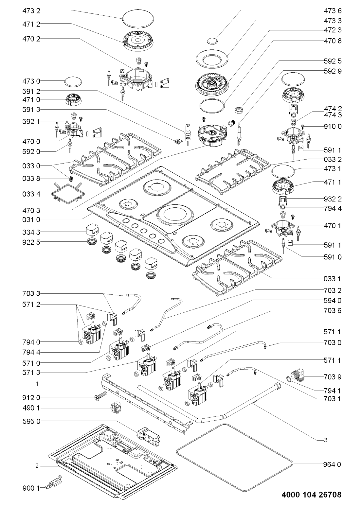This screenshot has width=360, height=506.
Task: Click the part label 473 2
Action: click(31, 11)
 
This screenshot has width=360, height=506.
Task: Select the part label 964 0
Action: click(332, 464)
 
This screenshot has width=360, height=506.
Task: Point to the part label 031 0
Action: click(31, 219)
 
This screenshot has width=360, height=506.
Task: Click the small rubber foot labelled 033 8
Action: click(71, 179)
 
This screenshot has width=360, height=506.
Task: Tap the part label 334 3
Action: click(31, 232)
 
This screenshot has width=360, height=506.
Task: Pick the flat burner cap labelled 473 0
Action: click(73, 81)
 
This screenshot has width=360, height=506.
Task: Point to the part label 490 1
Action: click(31, 408)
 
